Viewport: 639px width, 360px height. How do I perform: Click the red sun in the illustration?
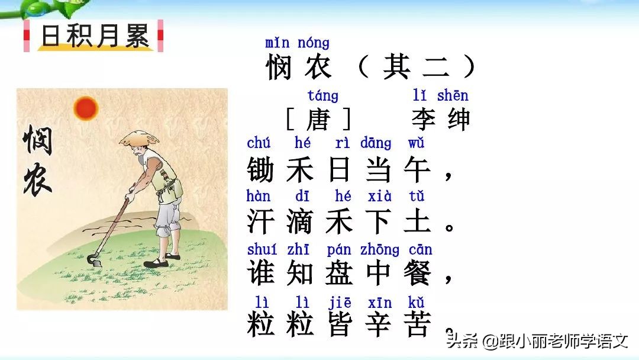pos(86,108)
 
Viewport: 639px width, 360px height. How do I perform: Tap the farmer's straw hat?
pos(139,138)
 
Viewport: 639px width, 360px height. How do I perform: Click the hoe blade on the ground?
pos(94,260)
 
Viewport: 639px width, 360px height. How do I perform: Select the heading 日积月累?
pos(95,36)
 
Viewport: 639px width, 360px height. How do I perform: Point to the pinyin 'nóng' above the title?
pos(314,43)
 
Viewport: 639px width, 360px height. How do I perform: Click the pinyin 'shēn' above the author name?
pos(453,95)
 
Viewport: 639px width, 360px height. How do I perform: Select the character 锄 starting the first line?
pos(260,171)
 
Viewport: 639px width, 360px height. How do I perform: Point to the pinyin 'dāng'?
pos(375,143)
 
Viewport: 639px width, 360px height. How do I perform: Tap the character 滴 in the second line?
pos(300,222)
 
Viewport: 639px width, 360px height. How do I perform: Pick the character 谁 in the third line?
pos(260,274)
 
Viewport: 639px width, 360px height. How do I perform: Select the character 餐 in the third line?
pos(418,274)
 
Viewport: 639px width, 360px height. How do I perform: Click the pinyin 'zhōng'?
pos(379,250)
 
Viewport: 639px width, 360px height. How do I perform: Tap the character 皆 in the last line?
pos(340,325)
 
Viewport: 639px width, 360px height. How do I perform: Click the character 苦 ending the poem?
pos(418,325)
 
